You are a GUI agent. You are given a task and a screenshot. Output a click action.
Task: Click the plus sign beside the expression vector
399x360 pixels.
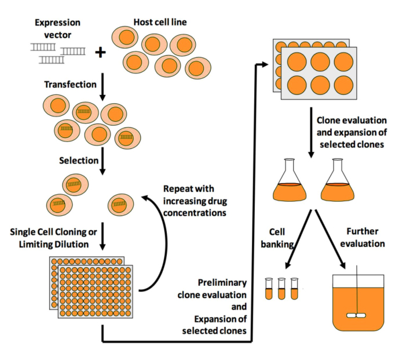tap(101, 53)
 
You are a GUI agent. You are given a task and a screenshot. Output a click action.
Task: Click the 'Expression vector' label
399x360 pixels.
tap(58, 28)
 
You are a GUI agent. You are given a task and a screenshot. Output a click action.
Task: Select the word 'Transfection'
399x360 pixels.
tap(70, 85)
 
